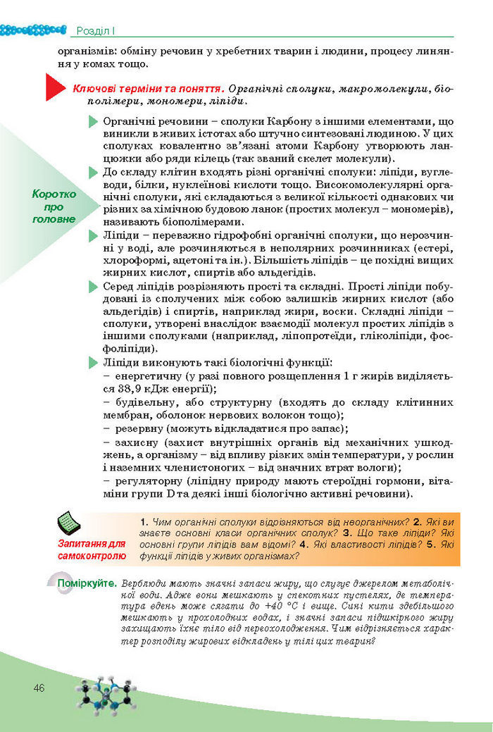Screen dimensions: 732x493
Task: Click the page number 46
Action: (x=39, y=687)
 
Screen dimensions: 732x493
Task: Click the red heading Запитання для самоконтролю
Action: (x=92, y=550)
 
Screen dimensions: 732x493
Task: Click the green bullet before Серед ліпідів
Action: (x=92, y=287)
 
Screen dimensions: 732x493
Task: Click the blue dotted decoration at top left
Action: (x=32, y=30)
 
